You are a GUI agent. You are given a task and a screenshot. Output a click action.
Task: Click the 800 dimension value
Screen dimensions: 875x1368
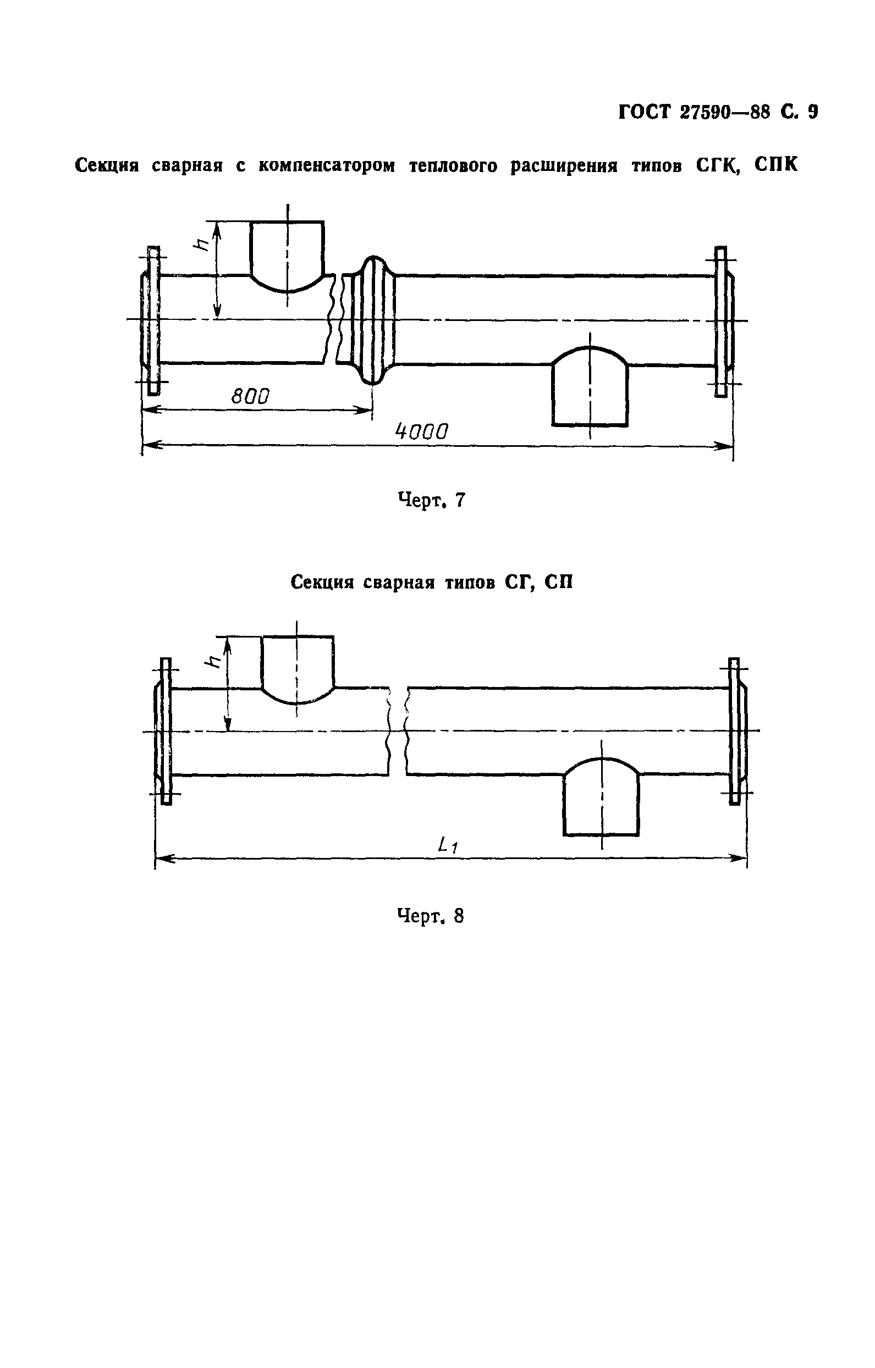(251, 396)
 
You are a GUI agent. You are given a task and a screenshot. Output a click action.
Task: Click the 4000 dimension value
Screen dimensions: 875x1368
(422, 433)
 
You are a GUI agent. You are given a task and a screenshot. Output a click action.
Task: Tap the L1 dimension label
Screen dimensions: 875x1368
(448, 846)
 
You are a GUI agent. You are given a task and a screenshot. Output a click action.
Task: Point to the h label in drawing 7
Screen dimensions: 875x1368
(201, 244)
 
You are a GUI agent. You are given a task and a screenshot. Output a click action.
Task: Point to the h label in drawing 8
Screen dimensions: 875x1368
(213, 661)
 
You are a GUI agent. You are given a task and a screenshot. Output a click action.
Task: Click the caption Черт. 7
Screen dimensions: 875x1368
(432, 500)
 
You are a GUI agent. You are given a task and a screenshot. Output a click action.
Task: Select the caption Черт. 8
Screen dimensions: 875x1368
(431, 916)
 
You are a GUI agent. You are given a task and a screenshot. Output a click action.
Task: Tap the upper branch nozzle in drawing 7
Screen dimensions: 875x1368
(288, 256)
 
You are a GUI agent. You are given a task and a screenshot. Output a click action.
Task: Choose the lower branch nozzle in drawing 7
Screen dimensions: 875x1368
(590, 386)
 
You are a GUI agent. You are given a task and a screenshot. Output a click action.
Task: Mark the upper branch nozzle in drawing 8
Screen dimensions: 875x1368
(298, 669)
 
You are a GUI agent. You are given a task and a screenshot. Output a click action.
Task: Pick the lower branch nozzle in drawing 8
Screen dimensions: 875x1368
(602, 796)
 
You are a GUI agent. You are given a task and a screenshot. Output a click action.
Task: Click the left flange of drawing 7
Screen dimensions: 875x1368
(152, 321)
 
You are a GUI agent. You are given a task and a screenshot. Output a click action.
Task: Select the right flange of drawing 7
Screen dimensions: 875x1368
(722, 322)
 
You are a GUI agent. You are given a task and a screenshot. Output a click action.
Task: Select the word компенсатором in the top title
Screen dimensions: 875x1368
(326, 165)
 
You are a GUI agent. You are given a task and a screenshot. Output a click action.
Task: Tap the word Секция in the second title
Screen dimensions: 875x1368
(322, 583)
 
